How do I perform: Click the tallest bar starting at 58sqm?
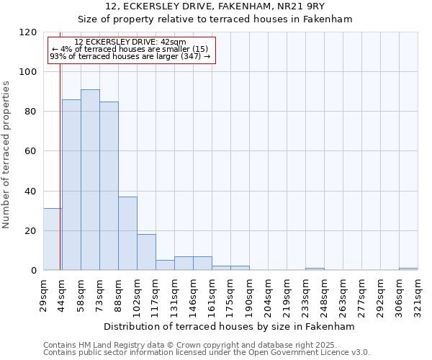click(x=90, y=180)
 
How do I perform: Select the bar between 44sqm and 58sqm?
click(x=71, y=185)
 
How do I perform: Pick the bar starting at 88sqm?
click(x=127, y=233)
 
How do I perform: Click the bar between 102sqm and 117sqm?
click(x=146, y=252)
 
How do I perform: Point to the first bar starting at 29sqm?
click(x=53, y=239)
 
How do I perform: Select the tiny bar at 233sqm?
click(x=315, y=269)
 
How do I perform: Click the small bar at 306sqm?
click(x=408, y=269)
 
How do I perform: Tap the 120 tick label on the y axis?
click(x=28, y=32)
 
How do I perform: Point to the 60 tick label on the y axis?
click(x=31, y=151)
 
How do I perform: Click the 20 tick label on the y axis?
click(x=31, y=231)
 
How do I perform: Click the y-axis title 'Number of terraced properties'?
click(x=6, y=155)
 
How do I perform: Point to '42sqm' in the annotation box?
click(x=174, y=42)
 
